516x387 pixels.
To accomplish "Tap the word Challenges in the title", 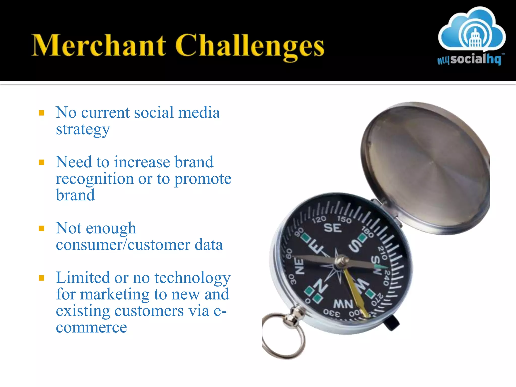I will [x=249, y=47].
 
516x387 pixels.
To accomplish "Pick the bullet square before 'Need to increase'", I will [x=42, y=162].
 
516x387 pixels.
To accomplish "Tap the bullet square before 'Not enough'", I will [x=42, y=229].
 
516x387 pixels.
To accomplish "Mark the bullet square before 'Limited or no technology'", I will [x=42, y=278].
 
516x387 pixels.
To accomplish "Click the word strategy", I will [x=83, y=130].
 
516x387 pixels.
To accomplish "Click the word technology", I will [x=192, y=278].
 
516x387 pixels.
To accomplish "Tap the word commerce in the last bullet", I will [x=91, y=327].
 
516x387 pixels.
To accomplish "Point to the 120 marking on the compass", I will [x=319, y=219].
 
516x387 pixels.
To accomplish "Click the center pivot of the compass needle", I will [x=342, y=261].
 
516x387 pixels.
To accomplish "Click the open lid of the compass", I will [x=426, y=166].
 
